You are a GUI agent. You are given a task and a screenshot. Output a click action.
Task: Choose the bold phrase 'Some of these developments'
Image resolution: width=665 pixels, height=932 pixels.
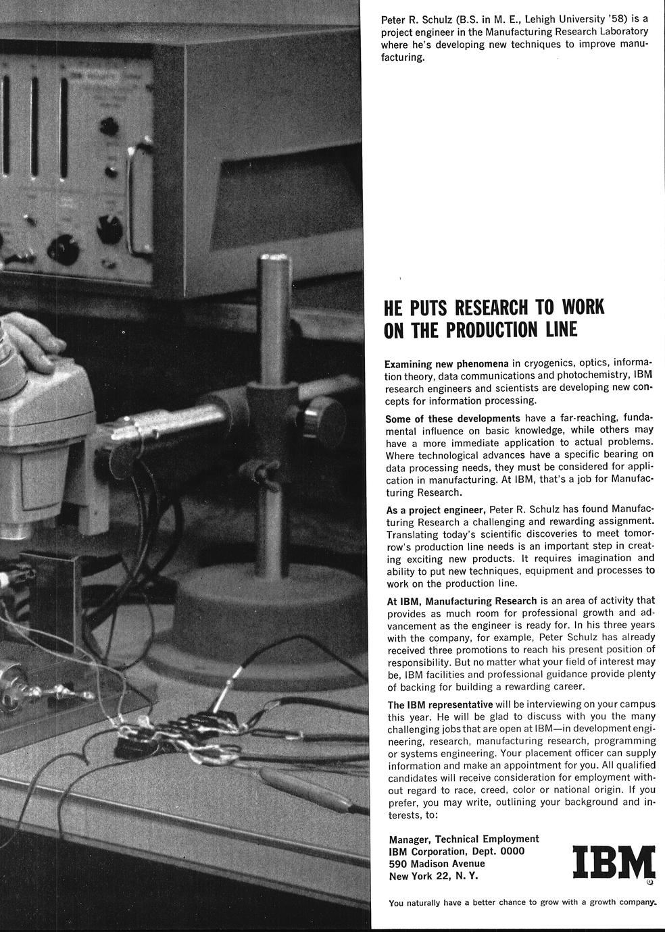click(x=453, y=418)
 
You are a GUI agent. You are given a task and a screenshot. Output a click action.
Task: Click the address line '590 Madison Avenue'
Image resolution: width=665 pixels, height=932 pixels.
click(x=437, y=864)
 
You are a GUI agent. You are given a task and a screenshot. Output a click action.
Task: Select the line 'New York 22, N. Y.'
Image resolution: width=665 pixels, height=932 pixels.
click(x=433, y=876)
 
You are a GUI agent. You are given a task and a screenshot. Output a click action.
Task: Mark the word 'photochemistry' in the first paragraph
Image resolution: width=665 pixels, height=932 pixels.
click(x=589, y=376)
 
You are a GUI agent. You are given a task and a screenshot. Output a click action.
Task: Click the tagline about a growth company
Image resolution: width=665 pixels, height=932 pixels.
click(x=522, y=902)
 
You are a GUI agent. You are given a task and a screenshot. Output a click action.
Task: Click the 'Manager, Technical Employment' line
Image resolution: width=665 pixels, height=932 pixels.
click(x=464, y=839)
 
